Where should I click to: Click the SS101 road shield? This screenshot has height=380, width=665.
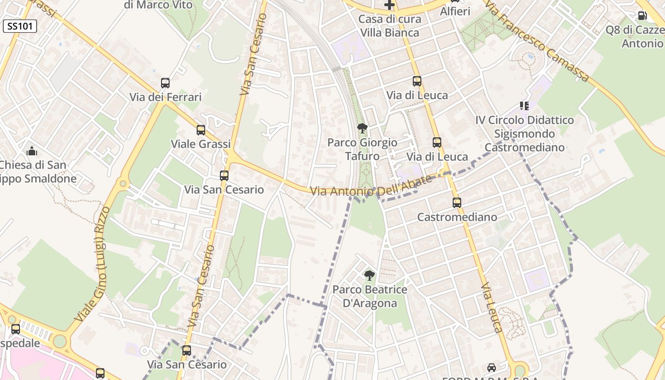[19, 26]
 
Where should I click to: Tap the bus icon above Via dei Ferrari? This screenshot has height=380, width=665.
[165, 83]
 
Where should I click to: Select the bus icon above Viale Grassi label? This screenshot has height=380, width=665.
[201, 130]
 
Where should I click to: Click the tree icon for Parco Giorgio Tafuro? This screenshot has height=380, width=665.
[362, 128]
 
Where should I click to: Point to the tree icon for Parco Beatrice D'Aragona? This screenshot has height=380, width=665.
[369, 275]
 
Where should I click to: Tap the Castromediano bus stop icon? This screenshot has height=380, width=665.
[457, 203]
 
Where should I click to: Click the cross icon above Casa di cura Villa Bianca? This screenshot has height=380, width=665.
[389, 5]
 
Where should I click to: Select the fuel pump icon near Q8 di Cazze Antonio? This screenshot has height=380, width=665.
[642, 16]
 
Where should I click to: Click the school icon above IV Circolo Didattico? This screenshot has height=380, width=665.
[524, 105]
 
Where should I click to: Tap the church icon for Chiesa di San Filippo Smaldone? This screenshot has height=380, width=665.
[32, 152]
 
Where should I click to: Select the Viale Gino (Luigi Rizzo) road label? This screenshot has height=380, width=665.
[93, 264]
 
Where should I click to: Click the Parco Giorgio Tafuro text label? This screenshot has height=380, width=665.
[362, 149]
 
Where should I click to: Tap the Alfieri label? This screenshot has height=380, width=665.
[455, 11]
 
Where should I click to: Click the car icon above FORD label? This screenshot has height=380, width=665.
[492, 368]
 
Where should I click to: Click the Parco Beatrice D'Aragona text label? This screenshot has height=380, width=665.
[370, 296]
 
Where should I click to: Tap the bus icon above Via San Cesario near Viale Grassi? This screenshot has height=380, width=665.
[224, 176]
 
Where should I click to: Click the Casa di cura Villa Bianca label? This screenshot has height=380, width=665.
[389, 26]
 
